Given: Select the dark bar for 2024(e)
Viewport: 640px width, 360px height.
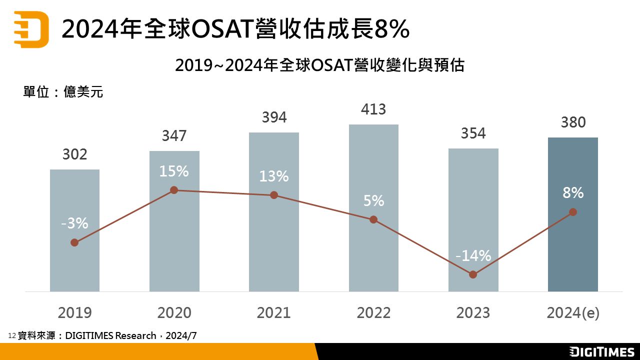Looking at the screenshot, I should [572, 250].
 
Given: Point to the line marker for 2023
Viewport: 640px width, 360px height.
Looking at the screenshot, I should [473, 274].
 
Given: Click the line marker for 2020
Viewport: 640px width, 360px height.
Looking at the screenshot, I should [174, 190].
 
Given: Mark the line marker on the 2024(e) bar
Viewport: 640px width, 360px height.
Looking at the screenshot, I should [573, 212].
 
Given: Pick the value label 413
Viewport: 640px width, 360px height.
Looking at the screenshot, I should [373, 109].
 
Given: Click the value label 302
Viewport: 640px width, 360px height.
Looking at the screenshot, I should [74, 154].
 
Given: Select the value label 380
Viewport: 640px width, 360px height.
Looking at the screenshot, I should [573, 122].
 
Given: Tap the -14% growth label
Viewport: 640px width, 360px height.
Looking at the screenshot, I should [473, 256].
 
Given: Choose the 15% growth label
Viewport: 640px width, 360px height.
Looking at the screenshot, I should [174, 171].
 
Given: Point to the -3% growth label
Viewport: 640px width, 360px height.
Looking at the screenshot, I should [74, 223].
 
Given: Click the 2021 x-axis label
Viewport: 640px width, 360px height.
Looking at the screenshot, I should [274, 313].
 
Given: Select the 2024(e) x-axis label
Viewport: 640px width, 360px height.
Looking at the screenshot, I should [573, 313].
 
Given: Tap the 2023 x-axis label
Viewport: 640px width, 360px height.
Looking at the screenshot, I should [473, 313].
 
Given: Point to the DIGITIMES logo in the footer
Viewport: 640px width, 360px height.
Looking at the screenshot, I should [602, 351].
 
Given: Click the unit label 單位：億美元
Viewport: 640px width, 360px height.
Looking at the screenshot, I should [63, 92].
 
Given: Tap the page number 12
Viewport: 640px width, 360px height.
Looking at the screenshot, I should [12, 336].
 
